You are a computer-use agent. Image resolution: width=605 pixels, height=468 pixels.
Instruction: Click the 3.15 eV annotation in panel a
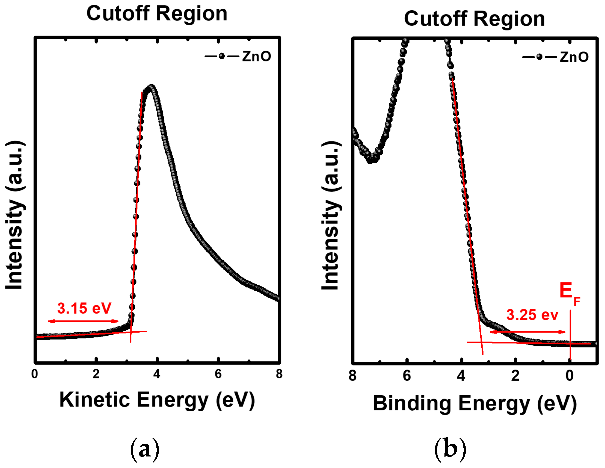coord(84,309)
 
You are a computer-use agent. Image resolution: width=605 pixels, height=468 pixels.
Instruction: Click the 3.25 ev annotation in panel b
coord(532,315)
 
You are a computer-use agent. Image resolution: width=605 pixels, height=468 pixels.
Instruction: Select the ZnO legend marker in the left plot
coord(222,56)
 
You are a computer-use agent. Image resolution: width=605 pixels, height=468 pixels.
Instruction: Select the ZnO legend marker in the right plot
coord(539,57)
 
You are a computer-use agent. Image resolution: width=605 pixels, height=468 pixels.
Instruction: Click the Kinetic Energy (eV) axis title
coord(157,400)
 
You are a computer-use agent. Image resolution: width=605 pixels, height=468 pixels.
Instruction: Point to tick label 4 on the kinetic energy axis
coord(157,374)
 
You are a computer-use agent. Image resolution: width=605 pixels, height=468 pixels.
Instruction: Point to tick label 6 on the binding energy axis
coord(407,376)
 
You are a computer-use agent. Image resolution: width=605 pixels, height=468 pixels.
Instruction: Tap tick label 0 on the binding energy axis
coord(569,376)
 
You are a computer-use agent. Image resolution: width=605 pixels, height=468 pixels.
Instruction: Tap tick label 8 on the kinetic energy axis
coord(279,374)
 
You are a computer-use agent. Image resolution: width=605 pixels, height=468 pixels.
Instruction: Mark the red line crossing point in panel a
coord(130,332)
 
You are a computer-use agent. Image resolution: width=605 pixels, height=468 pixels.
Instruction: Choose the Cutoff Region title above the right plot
coord(475,19)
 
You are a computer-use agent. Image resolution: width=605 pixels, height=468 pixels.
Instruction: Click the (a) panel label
coord(145,449)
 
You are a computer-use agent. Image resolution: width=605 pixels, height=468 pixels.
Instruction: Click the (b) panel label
coord(450,449)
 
